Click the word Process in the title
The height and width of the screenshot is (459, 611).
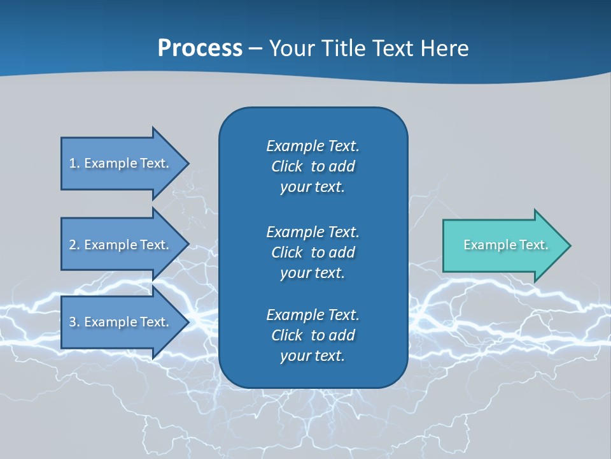click(x=200, y=48)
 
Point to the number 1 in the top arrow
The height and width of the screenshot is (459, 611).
click(x=73, y=163)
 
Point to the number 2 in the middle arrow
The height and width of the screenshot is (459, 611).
click(x=73, y=245)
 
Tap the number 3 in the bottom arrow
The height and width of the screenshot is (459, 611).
click(x=73, y=322)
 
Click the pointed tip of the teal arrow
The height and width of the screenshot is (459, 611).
click(x=568, y=245)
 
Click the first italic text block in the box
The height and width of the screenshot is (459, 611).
click(x=313, y=166)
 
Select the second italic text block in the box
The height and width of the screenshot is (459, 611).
click(x=313, y=252)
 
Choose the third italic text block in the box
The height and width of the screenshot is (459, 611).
click(x=313, y=335)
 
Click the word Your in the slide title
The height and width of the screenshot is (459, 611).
click(x=290, y=48)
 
